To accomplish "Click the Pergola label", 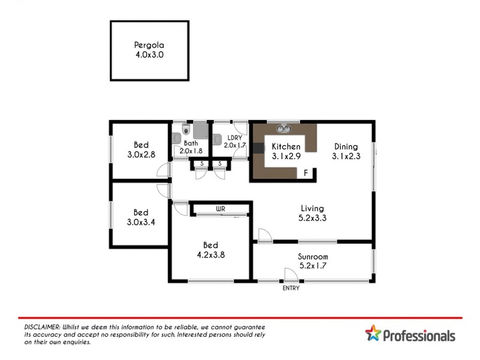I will point(149,44).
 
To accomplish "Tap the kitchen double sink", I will point(283,128).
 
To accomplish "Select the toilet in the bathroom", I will point(186,129).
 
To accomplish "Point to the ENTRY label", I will point(291,288).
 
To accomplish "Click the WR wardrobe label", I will point(220,209).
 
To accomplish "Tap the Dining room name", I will point(346,146).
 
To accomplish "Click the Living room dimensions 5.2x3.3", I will point(313,218).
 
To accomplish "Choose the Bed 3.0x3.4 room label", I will point(141,217).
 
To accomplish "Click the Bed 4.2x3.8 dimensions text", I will point(210,254).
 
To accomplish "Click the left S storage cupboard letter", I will point(202,163).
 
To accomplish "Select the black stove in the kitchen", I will point(259,149).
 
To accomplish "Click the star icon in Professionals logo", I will point(373,334).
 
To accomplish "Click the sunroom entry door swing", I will point(290,275).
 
